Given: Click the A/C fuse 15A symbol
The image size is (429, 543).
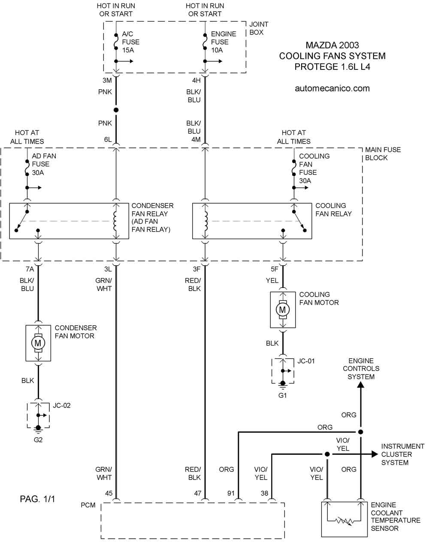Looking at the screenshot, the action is tap(116, 42).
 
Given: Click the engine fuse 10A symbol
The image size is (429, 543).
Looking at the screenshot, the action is tap(205, 42).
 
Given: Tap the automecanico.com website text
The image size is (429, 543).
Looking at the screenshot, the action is tap(332, 88).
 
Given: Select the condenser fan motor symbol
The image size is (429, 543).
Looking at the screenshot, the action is tap(38, 343).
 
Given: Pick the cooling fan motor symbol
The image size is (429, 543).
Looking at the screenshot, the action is tap(282, 309).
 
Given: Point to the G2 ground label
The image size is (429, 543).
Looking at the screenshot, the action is tap(38, 440).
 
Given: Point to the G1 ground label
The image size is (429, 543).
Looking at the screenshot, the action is tap(282, 396).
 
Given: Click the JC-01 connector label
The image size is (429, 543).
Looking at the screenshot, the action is tap(306, 361).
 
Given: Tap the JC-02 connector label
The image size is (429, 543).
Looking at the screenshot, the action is tap(62, 405).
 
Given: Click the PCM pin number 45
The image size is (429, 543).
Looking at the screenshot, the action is tap(109, 493).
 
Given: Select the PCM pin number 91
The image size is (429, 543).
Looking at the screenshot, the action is tap(231, 493).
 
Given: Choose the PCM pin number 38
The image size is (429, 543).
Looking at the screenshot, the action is tap(264, 493).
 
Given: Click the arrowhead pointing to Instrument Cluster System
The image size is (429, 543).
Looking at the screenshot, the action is tap(375, 454).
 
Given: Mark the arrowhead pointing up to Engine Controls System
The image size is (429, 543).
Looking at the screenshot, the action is tap(360, 385).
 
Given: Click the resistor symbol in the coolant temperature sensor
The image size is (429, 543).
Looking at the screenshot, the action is tap(344, 521).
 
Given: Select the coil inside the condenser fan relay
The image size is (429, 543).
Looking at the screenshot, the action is tap(115, 221).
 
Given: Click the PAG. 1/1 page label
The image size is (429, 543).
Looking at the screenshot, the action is tap(37, 499).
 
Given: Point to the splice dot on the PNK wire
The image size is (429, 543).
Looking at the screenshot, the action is tap(116, 110).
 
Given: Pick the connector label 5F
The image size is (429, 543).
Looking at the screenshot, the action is tap(275, 269).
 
